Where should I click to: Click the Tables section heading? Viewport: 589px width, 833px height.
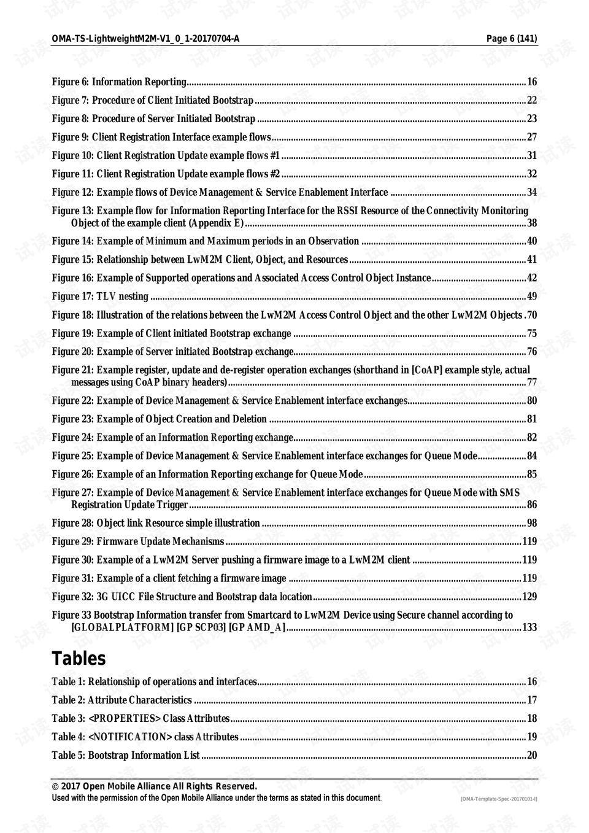coord(79,658)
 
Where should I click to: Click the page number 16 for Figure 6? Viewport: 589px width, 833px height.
coord(531,82)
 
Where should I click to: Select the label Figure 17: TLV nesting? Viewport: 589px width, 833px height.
coord(100,296)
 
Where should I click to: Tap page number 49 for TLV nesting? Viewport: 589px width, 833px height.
coord(531,296)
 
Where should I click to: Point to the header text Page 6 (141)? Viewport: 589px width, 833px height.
coord(512,39)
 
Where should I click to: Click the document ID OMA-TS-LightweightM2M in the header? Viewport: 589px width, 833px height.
coord(145,39)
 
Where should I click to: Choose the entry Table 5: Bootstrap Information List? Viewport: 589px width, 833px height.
coord(126,755)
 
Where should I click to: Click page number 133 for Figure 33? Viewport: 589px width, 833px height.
coord(529,627)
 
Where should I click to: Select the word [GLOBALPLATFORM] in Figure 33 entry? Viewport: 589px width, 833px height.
coord(122,627)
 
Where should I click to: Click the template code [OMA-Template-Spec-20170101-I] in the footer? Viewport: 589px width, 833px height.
coord(499,799)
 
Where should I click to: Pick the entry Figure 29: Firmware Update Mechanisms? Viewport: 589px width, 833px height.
coord(138,541)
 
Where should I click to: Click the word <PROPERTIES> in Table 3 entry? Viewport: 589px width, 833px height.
coord(125,718)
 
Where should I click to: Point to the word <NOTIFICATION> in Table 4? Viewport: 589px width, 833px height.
coord(129,737)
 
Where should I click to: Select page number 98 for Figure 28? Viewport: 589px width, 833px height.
coord(531,523)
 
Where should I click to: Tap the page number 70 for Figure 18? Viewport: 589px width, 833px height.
coord(531,315)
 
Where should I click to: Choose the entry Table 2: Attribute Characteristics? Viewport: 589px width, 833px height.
coord(121,700)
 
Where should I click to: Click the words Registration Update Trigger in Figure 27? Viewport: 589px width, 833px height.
coord(129,505)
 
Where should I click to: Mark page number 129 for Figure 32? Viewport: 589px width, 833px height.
coord(529,597)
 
